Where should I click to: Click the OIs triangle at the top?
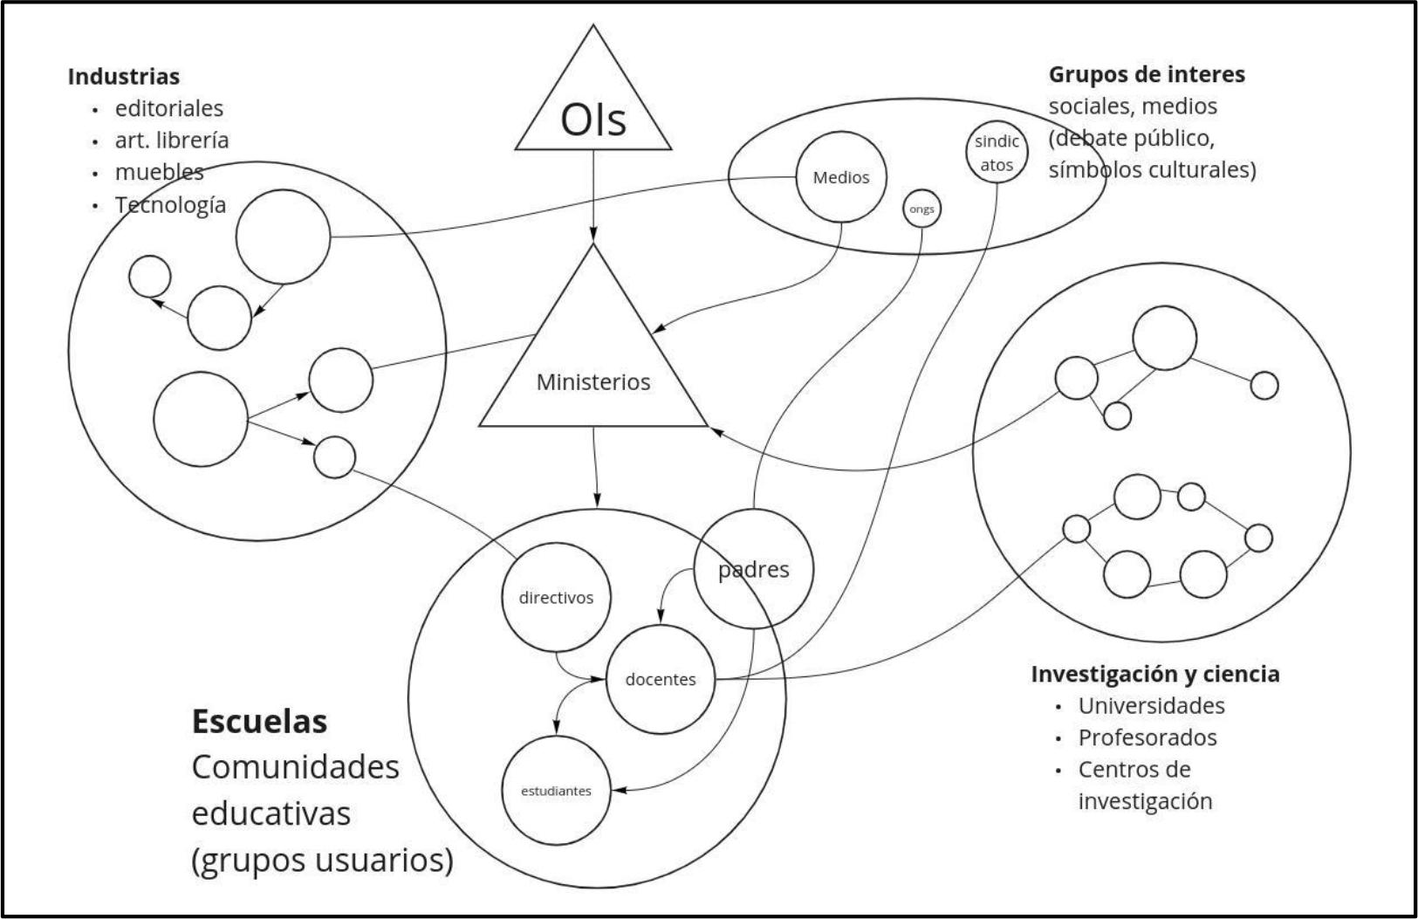(593, 113)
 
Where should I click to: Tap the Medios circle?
(841, 177)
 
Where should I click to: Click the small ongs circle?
(921, 209)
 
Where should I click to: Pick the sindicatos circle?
(997, 153)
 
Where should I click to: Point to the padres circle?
(754, 569)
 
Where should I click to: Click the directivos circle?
(556, 598)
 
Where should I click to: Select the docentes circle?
(661, 679)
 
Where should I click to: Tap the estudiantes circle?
(556, 791)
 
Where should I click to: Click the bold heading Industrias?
(124, 76)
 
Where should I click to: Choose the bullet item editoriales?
(169, 108)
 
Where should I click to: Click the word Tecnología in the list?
(170, 204)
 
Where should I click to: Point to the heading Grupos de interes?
(1147, 74)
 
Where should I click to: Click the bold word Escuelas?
(259, 722)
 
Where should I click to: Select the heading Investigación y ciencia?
(1155, 674)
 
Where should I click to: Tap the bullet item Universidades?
(1151, 705)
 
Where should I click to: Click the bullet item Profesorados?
(1147, 737)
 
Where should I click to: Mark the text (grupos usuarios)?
(322, 861)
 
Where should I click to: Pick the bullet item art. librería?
(172, 140)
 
